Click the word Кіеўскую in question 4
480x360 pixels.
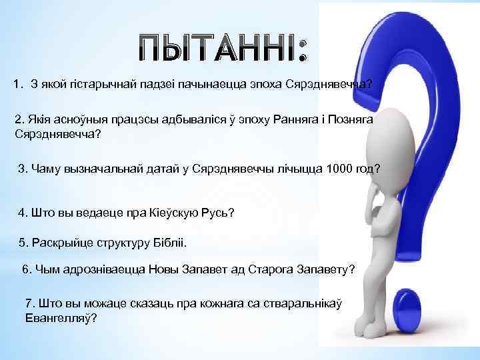click(x=163, y=213)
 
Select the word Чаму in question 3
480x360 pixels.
click(x=43, y=169)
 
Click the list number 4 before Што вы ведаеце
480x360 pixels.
click(x=21, y=213)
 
